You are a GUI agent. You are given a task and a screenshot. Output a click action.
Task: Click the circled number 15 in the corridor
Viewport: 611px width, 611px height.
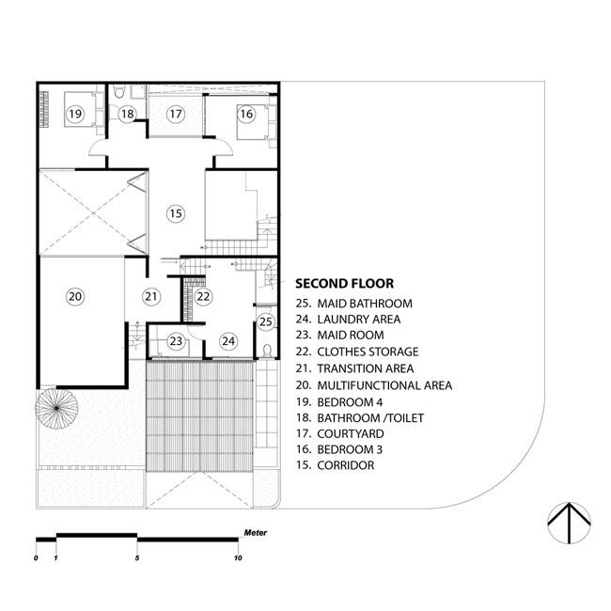tap(176, 213)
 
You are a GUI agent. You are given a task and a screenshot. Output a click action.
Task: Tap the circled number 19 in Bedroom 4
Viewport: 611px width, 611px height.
tap(75, 114)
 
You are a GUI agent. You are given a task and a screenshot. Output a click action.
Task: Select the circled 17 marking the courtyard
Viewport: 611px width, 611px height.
tap(176, 114)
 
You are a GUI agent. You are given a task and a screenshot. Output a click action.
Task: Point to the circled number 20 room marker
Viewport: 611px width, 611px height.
tap(75, 296)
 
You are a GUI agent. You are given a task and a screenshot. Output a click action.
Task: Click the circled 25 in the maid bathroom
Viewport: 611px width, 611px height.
tap(266, 321)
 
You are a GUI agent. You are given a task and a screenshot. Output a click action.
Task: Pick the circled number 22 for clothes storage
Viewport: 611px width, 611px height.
tap(203, 296)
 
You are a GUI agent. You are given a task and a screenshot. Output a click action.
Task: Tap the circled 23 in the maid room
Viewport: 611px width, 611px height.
tap(176, 341)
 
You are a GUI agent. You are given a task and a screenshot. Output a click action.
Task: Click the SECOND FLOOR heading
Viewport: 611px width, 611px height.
tap(344, 283)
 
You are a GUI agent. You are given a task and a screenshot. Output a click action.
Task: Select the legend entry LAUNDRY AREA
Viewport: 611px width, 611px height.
tap(358, 320)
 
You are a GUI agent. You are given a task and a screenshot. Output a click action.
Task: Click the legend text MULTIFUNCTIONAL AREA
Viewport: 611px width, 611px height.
tap(384, 385)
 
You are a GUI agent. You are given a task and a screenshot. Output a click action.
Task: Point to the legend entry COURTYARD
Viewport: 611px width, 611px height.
tap(351, 433)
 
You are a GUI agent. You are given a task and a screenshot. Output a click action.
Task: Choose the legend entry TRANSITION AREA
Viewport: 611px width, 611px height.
tap(365, 368)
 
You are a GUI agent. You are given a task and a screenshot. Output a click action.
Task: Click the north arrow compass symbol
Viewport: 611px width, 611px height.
tap(569, 523)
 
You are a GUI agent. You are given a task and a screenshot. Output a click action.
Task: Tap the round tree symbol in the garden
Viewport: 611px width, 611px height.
tap(56, 408)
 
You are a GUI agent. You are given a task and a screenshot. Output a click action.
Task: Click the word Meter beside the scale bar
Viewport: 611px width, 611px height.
tap(256, 533)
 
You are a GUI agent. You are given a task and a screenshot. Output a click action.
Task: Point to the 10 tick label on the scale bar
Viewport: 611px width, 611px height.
tap(238, 558)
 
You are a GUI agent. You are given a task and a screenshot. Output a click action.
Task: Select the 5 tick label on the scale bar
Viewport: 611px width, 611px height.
tap(137, 558)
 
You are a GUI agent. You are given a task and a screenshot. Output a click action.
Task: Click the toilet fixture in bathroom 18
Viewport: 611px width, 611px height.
tap(118, 91)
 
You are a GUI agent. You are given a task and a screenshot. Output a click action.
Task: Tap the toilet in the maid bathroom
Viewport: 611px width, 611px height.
tap(267, 351)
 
